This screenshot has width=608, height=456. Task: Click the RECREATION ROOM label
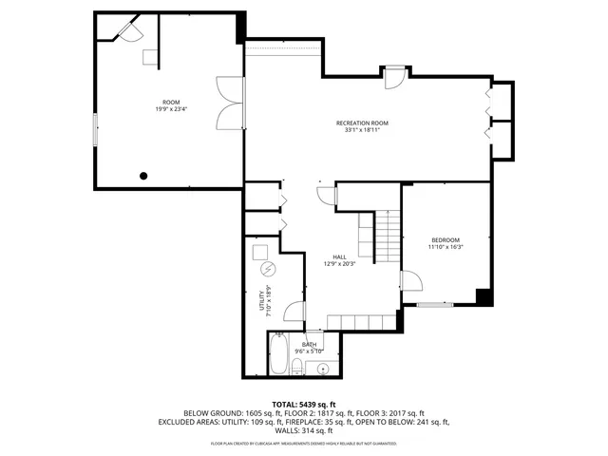pyautogui.click(x=363, y=123)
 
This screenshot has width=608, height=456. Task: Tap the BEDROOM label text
pyautogui.click(x=445, y=239)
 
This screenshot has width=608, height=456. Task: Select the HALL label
pyautogui.click(x=339, y=256)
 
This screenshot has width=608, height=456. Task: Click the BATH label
pyautogui.click(x=310, y=344)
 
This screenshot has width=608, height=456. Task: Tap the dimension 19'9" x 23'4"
pyautogui.click(x=171, y=108)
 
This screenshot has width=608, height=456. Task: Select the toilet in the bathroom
pyautogui.click(x=297, y=368)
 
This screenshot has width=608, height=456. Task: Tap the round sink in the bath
pyautogui.click(x=323, y=369)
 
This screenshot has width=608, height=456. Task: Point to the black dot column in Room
pyautogui.click(x=143, y=175)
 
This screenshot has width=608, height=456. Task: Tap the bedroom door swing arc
pyautogui.click(x=411, y=282)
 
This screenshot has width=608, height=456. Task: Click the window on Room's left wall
pyautogui.click(x=94, y=129)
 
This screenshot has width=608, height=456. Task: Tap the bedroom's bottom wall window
pyautogui.click(x=435, y=305)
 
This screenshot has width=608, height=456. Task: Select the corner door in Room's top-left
pyautogui.click(x=127, y=30)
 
